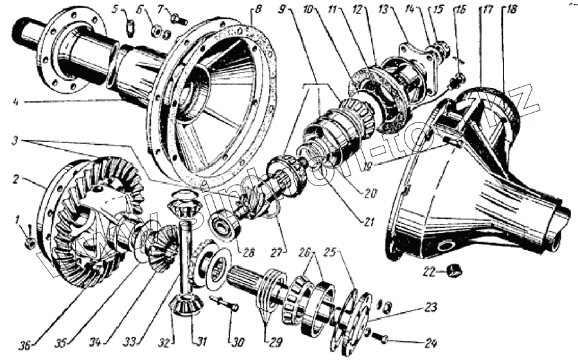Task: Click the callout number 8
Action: coord(258,10)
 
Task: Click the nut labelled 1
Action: coord(30,243)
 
